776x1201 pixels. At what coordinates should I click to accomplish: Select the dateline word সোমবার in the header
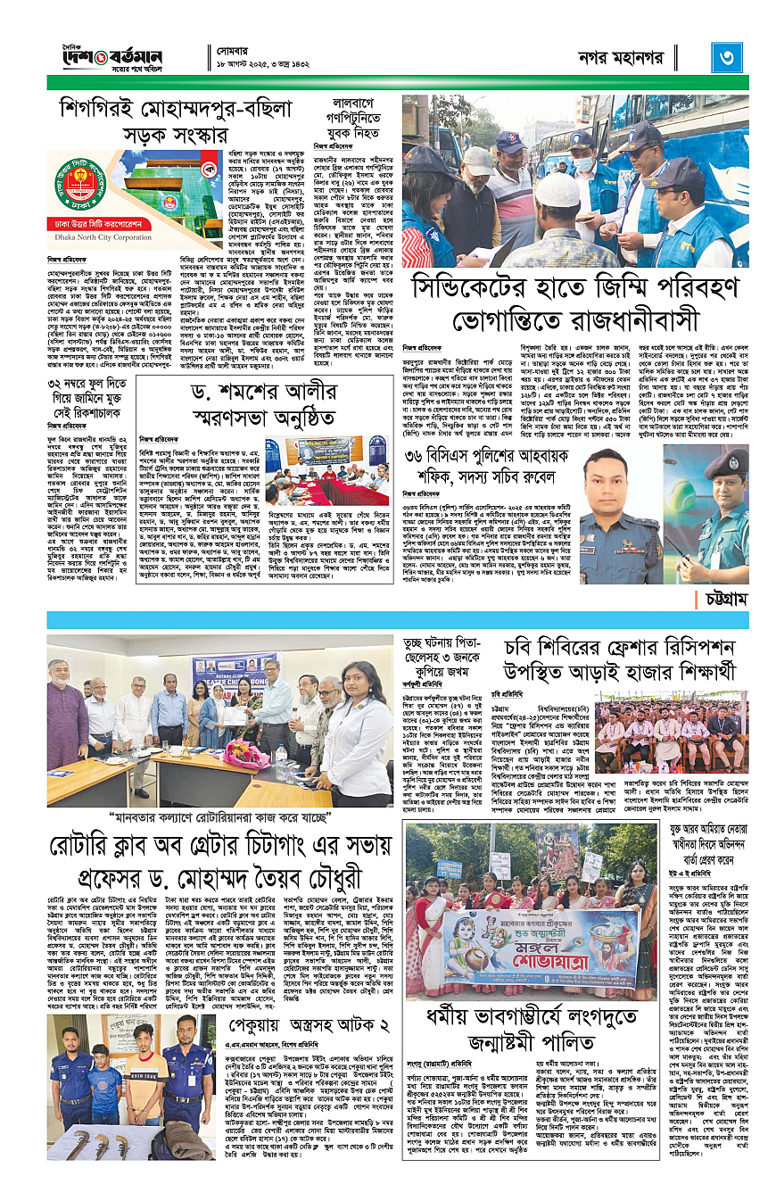[x=237, y=51]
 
